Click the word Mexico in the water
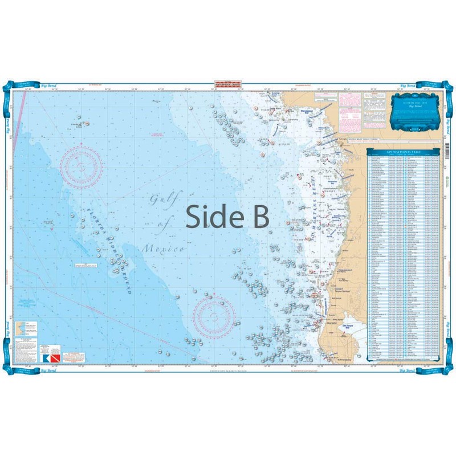tap(164, 249)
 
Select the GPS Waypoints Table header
tap(404, 153)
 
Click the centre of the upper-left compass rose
tap(82, 166)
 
